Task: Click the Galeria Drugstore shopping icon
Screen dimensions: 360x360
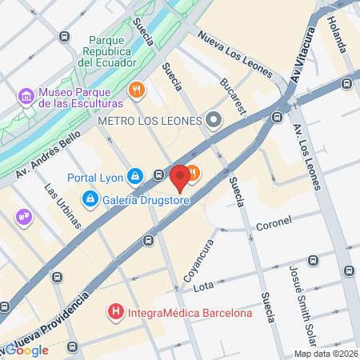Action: coord(92,198)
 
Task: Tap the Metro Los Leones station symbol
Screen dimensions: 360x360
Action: coord(213,120)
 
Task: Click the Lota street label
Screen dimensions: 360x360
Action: coord(203,285)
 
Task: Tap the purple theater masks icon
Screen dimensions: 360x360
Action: coord(23,215)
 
